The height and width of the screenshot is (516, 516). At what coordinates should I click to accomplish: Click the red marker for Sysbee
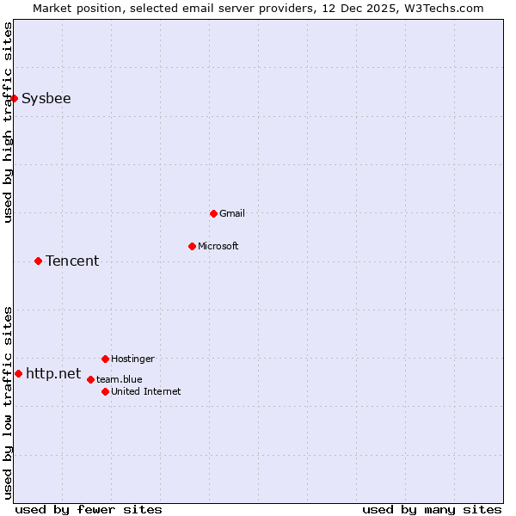(x=14, y=98)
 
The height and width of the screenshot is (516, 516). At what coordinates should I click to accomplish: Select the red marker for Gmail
(x=214, y=213)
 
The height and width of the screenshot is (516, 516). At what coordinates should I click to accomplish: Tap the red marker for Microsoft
(x=192, y=246)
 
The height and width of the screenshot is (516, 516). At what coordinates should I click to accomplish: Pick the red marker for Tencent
(x=38, y=261)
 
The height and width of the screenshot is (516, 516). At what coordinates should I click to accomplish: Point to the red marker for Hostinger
(x=105, y=359)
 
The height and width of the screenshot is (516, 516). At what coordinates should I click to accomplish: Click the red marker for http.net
(x=18, y=373)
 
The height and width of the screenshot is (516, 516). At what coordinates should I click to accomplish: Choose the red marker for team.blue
(x=90, y=379)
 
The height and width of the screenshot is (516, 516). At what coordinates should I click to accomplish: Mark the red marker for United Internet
(x=105, y=391)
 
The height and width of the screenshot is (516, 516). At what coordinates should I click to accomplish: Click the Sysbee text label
(x=46, y=98)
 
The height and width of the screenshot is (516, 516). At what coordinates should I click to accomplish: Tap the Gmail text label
(x=232, y=213)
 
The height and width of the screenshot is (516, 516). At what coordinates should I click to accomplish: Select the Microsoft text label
(x=218, y=246)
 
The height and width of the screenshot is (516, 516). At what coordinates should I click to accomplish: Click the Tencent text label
(x=72, y=261)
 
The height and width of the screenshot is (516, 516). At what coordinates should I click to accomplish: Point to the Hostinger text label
(x=133, y=359)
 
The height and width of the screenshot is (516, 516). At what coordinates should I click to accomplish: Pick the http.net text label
(x=53, y=373)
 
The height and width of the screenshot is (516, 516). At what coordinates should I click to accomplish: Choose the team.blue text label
(x=120, y=379)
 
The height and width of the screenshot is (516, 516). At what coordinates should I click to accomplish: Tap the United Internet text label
(x=146, y=391)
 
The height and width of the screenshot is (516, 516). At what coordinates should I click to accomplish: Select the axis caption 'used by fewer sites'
(x=89, y=509)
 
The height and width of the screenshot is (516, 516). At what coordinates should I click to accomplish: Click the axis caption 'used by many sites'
(x=432, y=509)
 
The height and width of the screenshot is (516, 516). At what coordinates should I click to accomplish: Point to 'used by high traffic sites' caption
(x=8, y=122)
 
